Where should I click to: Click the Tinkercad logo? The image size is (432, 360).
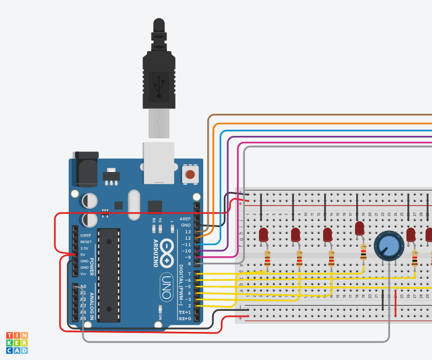click(x=17, y=343)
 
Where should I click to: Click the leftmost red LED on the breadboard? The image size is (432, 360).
click(x=263, y=235)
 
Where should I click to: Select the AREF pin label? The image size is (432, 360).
click(x=185, y=219)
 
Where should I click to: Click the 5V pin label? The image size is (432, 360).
click(x=83, y=255)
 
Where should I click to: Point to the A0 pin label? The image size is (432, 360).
click(x=83, y=287)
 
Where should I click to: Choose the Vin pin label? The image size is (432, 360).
click(x=83, y=274)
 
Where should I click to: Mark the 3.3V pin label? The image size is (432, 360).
click(x=84, y=248)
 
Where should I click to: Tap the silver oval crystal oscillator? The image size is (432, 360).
click(x=134, y=205)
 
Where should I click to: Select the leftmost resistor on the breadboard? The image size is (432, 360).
click(x=267, y=259)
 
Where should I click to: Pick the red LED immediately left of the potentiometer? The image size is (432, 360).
click(x=359, y=229)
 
